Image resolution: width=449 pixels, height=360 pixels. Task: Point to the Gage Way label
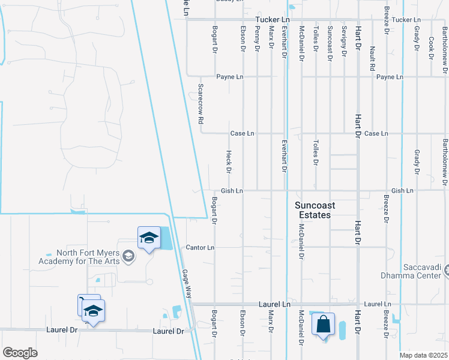click(187, 284)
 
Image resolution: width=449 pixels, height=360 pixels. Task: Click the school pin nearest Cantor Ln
click(148, 238)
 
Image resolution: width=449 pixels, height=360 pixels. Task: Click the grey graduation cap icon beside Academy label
click(128, 257)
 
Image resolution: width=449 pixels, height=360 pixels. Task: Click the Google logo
click(20, 352)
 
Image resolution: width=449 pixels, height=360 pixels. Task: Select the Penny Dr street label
click(257, 37)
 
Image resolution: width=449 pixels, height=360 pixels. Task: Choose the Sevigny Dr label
click(344, 41)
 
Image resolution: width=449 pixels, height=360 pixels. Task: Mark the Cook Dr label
click(431, 44)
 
